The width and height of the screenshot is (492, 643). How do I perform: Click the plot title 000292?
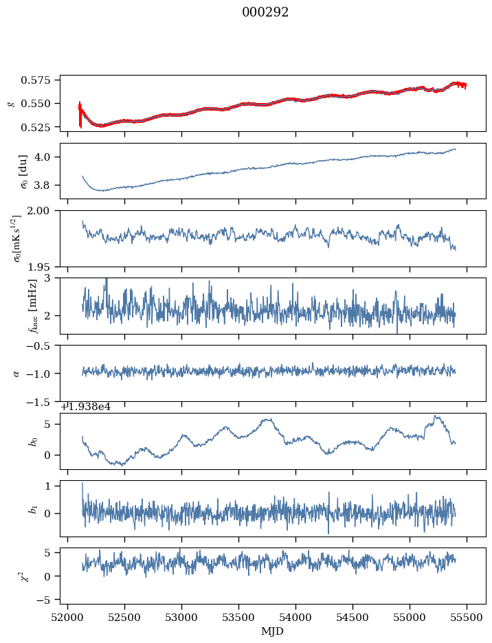pyautogui.click(x=265, y=12)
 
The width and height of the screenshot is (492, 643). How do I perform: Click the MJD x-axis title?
pyautogui.click(x=273, y=630)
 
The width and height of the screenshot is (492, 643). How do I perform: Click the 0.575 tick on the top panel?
pyautogui.click(x=41, y=80)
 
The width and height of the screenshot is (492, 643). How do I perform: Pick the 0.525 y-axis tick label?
pyautogui.click(x=41, y=127)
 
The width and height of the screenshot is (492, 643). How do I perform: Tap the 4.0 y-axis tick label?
pyautogui.click(x=47, y=157)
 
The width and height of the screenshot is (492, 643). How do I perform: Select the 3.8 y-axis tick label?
pyautogui.click(x=47, y=185)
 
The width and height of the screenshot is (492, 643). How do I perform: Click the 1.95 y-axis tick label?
pyautogui.click(x=44, y=266)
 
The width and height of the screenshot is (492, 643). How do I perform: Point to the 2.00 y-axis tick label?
pyautogui.click(x=44, y=210)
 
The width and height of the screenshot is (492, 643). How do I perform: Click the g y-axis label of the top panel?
pyautogui.click(x=10, y=103)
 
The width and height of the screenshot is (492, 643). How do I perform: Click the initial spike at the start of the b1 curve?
pyautogui.click(x=82, y=484)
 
